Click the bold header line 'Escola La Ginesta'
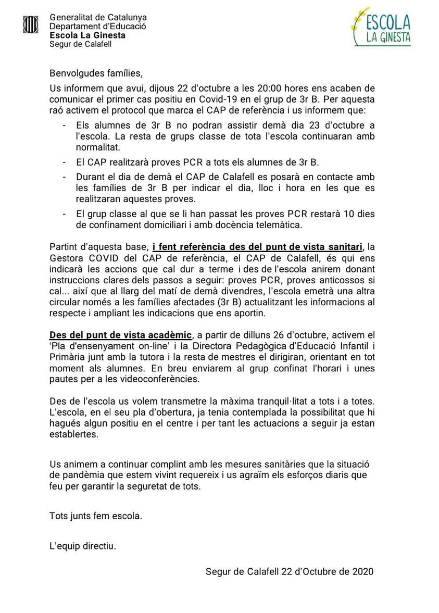click(87, 35)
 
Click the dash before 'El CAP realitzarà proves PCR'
click(64, 162)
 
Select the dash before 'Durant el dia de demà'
click(64, 177)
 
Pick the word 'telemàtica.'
click(278, 224)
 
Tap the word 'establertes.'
click(73, 434)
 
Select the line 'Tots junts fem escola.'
click(95, 516)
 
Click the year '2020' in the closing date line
click(363, 571)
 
